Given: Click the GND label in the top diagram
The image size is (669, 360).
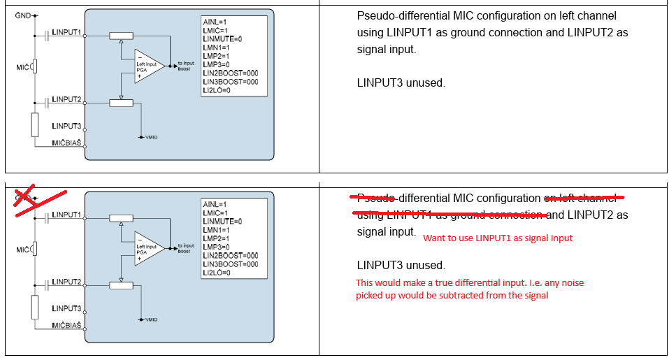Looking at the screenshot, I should (22, 15).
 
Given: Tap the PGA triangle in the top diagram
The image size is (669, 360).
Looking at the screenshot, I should (149, 66).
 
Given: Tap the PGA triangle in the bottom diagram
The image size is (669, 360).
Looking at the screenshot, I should (149, 248).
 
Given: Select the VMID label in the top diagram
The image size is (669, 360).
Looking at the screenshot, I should (151, 137).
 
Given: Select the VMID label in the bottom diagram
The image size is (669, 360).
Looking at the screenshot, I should (151, 319).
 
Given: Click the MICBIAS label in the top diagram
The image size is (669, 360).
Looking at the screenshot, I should (67, 143).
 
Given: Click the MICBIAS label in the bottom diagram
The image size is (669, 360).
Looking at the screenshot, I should (67, 326).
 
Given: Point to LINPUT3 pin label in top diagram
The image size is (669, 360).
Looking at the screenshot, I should (66, 126).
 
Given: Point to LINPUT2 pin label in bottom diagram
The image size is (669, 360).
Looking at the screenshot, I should (66, 282).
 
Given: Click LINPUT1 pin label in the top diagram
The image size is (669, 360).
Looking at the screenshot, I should (66, 32).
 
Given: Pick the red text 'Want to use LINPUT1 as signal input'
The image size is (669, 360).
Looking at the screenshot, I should (497, 238).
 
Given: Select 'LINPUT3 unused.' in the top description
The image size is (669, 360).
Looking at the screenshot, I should (401, 82).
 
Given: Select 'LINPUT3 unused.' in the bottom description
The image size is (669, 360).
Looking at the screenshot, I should (401, 266).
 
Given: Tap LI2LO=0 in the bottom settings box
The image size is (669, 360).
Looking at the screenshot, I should (217, 273).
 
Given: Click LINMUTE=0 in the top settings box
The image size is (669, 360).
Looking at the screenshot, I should (222, 39).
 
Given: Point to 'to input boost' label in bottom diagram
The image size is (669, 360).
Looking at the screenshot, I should (185, 249).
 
